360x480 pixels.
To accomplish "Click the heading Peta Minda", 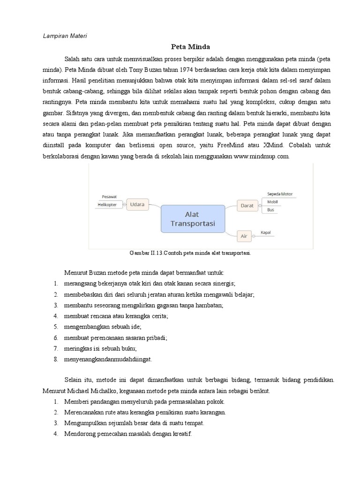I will (x=190, y=47).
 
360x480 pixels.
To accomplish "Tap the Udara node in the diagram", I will (x=137, y=204).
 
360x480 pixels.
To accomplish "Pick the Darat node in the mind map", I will (x=247, y=205).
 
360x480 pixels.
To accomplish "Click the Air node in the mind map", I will (x=244, y=236).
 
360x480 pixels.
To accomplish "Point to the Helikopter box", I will (x=107, y=204).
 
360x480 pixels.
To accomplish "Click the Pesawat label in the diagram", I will (x=109, y=197).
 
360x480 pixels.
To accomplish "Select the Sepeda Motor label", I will (x=279, y=194).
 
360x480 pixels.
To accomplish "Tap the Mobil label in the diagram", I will (x=272, y=202).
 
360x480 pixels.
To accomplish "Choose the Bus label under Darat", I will (x=270, y=210).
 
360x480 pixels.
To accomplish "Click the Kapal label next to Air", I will (x=266, y=232).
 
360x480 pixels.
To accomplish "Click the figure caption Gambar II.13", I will (x=190, y=253).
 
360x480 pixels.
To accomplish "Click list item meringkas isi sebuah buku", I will (x=101, y=348).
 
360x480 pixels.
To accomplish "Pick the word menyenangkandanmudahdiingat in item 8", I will (x=108, y=360).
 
